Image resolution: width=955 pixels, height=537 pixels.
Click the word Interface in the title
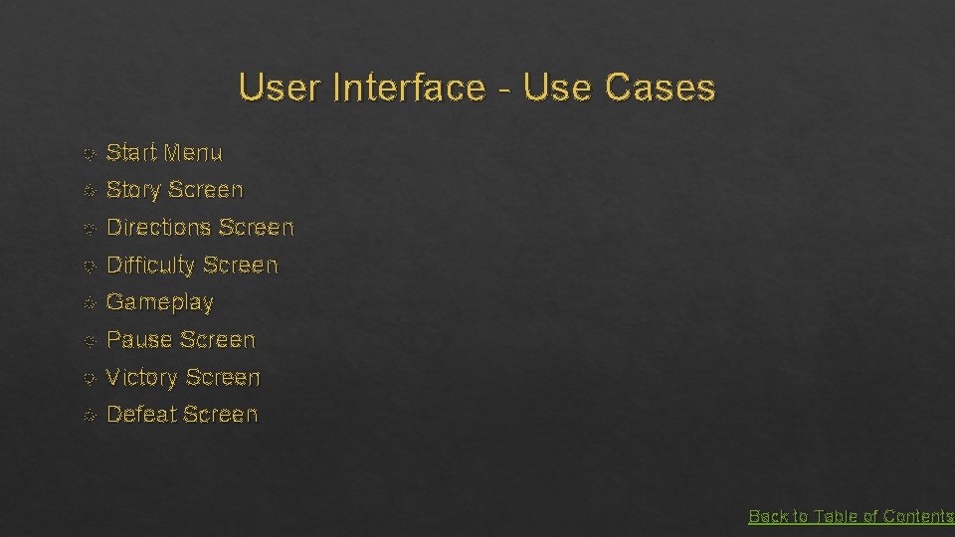tap(409, 89)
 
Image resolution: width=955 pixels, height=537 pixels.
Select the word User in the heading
tap(282, 89)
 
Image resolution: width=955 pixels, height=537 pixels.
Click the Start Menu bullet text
tap(164, 153)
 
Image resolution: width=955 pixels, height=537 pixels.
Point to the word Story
tap(134, 190)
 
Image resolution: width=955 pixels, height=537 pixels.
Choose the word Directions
tap(158, 228)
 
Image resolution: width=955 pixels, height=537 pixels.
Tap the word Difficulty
tap(150, 266)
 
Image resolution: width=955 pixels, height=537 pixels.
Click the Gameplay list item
tap(159, 302)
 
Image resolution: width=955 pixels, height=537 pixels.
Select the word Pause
tap(139, 340)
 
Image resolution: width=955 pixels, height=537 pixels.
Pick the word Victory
tap(142, 378)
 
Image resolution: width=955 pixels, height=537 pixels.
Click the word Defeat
tap(140, 415)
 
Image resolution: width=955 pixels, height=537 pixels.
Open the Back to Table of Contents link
tap(851, 516)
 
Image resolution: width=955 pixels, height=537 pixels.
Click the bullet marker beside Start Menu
tap(90, 154)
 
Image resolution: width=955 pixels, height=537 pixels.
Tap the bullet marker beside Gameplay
tap(90, 303)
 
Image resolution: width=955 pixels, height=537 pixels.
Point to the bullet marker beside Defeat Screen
tap(90, 416)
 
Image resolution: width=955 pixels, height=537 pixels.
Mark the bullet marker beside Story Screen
tap(90, 191)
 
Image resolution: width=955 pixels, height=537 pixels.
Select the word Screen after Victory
tap(223, 378)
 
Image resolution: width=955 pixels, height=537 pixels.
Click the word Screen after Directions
tap(256, 228)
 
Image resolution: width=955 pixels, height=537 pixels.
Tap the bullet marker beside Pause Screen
tap(90, 341)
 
